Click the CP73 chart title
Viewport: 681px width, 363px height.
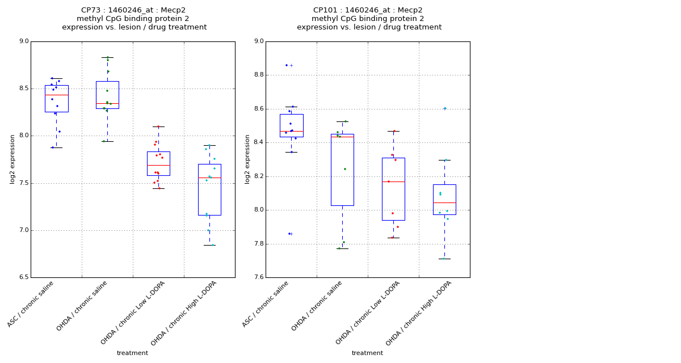tap(134, 19)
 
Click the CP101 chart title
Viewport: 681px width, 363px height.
tap(369, 19)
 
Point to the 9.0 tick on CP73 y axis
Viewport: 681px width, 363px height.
tap(23, 41)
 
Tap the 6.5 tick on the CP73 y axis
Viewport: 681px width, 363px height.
tap(23, 277)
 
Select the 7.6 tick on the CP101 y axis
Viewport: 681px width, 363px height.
tap(258, 277)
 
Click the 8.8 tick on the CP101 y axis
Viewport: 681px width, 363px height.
tap(258, 75)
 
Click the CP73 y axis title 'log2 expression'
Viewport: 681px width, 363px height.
tap(12, 159)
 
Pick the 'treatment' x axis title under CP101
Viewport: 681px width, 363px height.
tap(367, 353)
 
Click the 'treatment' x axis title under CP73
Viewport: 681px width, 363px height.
tap(132, 353)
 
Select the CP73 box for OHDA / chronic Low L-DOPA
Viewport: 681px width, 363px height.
tap(158, 163)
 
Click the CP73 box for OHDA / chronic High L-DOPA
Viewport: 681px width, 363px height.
tap(209, 189)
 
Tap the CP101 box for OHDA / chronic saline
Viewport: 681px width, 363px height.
tap(342, 170)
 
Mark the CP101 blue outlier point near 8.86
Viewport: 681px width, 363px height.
tap(287, 65)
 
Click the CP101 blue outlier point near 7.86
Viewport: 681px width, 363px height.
tap(289, 234)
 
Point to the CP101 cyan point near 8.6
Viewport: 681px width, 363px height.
tap(445, 108)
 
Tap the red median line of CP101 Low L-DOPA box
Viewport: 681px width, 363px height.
tap(393, 181)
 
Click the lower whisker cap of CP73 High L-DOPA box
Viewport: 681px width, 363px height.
tap(209, 245)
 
